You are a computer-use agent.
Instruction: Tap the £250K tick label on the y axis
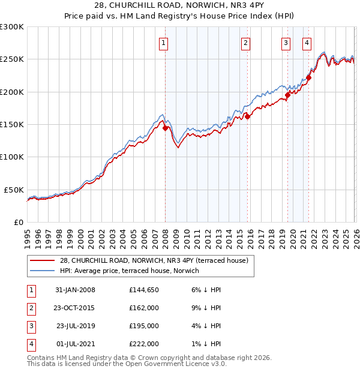tap(12, 59)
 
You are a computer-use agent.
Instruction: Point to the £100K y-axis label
tap(12, 157)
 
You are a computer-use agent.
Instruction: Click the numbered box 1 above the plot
tap(164, 43)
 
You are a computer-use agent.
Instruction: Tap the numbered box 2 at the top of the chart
tap(246, 43)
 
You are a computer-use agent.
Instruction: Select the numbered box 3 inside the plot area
tap(286, 43)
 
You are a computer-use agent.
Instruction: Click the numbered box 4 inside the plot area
tap(307, 43)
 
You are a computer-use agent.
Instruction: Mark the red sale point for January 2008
tap(165, 127)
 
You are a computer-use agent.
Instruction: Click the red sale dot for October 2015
tap(247, 116)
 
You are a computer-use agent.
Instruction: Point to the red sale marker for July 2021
tap(308, 77)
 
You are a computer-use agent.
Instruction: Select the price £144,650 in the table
tap(144, 290)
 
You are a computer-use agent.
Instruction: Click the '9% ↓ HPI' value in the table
tap(207, 308)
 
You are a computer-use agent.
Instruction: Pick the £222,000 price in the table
tap(144, 344)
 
